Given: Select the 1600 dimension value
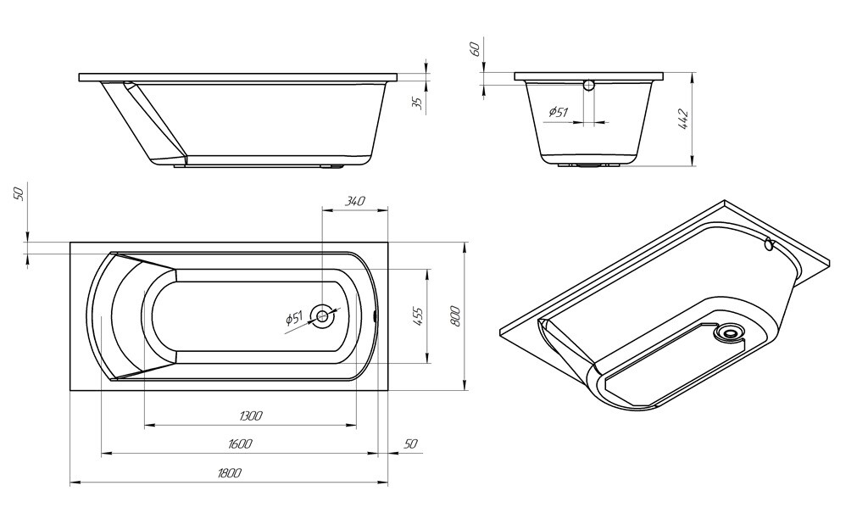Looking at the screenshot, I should pos(240,444).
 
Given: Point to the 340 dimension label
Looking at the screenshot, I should pos(355,201).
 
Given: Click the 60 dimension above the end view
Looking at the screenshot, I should pos(476,49).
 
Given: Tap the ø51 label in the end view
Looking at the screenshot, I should pos(558,112).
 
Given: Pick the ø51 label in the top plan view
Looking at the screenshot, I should pos(293,318).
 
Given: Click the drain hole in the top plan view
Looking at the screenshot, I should pos(323,316).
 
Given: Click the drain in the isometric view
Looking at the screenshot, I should pos(726,332).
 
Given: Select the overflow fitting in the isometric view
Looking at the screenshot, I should pos(768,245).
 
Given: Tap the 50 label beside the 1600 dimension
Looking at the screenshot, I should pos(411,444).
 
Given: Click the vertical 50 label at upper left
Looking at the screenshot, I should pos(19,193).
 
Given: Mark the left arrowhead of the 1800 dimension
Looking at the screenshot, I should pos(74,483).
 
